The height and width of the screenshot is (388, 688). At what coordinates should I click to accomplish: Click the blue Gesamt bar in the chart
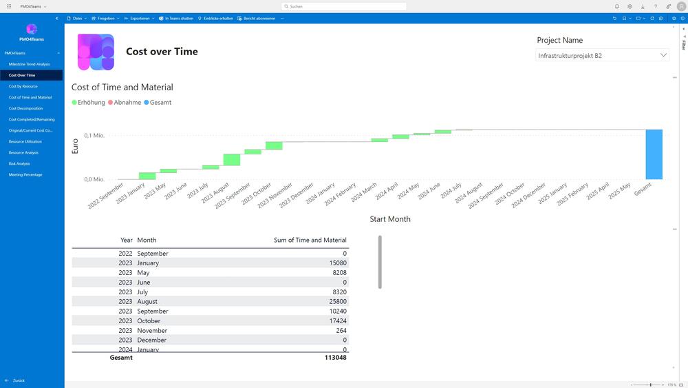tap(654, 154)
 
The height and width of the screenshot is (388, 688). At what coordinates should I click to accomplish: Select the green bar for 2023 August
tap(232, 160)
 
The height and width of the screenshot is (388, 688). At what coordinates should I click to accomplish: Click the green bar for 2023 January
tap(147, 176)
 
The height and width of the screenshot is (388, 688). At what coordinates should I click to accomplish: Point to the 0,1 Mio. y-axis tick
tap(94, 135)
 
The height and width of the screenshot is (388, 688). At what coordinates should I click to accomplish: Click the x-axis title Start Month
tap(389, 219)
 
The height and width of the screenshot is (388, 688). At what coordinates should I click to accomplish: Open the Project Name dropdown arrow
tap(663, 55)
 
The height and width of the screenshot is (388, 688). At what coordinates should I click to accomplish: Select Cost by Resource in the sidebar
tap(23, 86)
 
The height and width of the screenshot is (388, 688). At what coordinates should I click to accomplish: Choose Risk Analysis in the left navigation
tap(19, 163)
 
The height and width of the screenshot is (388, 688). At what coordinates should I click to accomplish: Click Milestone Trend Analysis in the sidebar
tap(29, 64)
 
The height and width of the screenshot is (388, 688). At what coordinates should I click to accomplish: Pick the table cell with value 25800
tap(338, 301)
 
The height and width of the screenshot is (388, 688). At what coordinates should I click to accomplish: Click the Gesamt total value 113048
tap(336, 358)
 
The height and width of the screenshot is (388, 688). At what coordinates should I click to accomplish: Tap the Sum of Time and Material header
tap(310, 240)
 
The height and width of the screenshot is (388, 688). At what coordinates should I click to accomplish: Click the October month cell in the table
tap(149, 320)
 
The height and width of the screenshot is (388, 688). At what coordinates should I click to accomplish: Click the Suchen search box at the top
tap(344, 6)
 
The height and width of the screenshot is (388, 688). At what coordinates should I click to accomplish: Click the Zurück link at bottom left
tap(19, 380)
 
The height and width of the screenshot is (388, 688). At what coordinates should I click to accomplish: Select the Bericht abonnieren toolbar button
tap(259, 19)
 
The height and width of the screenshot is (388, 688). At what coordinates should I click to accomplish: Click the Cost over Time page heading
tap(162, 52)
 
